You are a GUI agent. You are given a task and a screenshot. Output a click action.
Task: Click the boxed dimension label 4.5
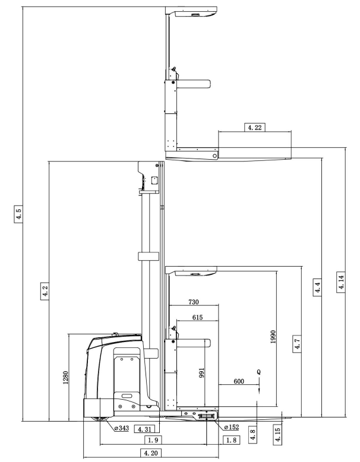pyautogui.click(x=20, y=214)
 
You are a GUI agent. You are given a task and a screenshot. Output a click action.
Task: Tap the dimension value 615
pyautogui.click(x=197, y=318)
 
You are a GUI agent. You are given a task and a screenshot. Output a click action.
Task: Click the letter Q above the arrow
pyautogui.click(x=258, y=371)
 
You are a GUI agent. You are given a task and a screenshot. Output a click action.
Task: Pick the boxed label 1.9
pyautogui.click(x=152, y=440)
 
